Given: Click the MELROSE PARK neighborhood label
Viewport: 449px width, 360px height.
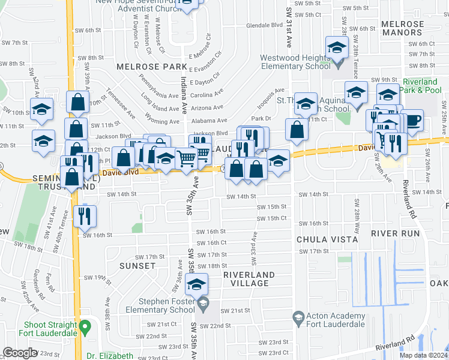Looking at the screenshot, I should coord(143,67).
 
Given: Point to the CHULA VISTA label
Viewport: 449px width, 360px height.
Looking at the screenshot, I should coord(327,239).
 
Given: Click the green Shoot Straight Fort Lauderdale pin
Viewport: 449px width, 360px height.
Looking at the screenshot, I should coord(85,326).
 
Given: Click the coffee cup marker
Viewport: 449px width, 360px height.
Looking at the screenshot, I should coord(412,121).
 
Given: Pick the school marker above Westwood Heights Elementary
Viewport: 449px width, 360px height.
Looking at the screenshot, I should coord(337,47).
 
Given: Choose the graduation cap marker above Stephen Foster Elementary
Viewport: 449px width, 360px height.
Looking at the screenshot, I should coord(196,285).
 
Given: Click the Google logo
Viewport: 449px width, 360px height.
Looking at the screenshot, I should coord(20,353).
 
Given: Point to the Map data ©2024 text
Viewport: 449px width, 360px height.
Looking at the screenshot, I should coord(423,355).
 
